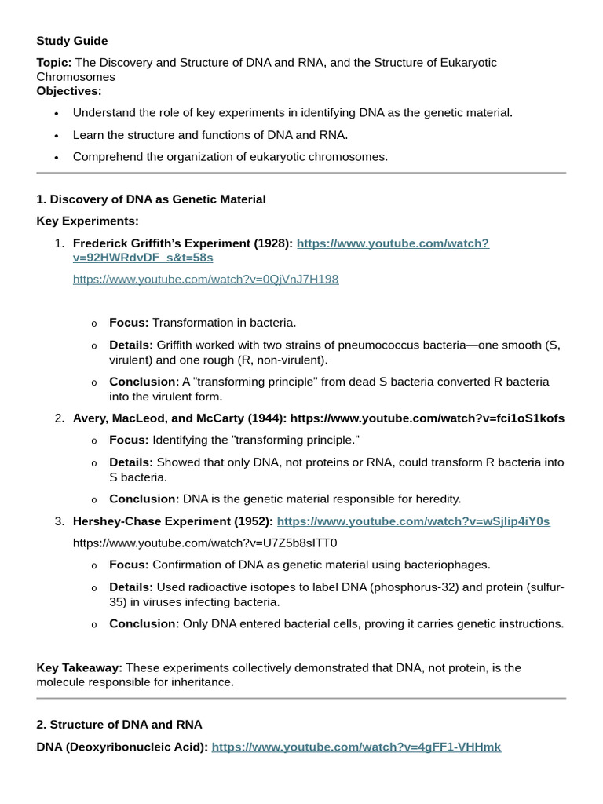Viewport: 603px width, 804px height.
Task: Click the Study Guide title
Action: [72, 41]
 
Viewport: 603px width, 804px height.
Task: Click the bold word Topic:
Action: [54, 63]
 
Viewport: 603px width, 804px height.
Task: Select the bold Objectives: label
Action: [69, 91]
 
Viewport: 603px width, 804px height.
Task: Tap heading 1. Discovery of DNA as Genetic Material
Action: [151, 199]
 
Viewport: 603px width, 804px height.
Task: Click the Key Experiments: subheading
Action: [87, 221]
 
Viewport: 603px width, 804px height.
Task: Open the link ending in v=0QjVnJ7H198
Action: [206, 280]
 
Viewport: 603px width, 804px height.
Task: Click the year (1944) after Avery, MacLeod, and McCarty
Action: [267, 418]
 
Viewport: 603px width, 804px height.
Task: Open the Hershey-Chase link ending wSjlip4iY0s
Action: [413, 521]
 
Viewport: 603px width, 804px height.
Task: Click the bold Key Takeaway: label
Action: [79, 668]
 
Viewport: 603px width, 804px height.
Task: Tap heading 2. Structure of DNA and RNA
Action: [119, 725]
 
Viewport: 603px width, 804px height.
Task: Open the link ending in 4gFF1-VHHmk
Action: [356, 747]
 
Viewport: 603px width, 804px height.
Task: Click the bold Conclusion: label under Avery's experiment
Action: [144, 499]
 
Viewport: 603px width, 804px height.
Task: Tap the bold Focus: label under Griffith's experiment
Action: [129, 323]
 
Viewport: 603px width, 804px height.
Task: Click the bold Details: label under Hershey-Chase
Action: [131, 587]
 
